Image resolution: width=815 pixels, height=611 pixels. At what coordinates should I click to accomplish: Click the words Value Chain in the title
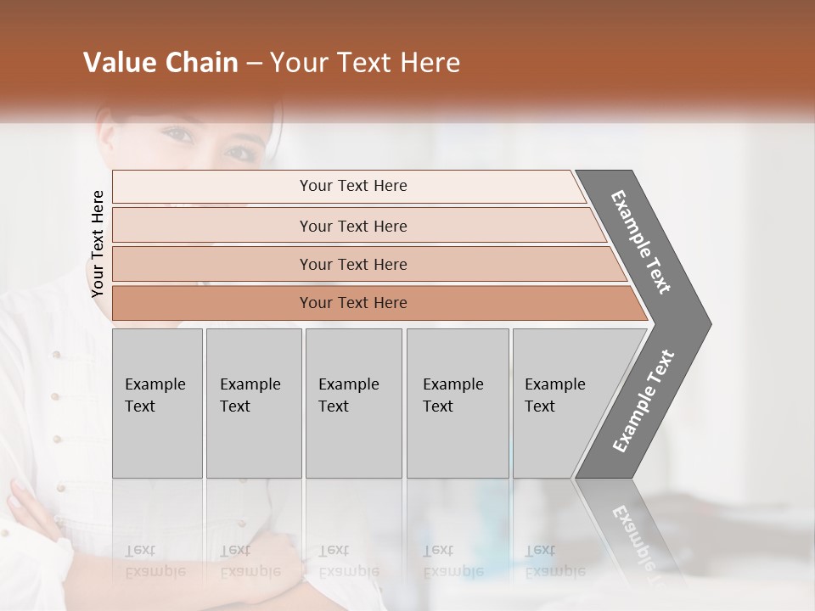pyautogui.click(x=160, y=63)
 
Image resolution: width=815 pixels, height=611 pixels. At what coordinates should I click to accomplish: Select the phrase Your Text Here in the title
pyautogui.click(x=365, y=63)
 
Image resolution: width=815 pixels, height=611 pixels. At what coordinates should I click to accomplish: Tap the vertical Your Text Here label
pyautogui.click(x=98, y=244)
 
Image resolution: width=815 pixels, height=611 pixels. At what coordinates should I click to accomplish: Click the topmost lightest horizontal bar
pyautogui.click(x=352, y=186)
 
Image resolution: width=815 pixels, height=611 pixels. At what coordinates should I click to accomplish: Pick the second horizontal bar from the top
pyautogui.click(x=352, y=226)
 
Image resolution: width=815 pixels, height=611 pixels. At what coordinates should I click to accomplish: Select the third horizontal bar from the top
pyautogui.click(x=352, y=264)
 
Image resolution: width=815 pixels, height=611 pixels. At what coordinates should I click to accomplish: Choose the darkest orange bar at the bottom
pyautogui.click(x=352, y=303)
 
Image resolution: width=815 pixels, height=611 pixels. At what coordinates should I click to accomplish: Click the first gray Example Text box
pyautogui.click(x=157, y=403)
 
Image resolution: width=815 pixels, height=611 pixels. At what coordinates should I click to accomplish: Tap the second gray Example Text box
pyautogui.click(x=253, y=403)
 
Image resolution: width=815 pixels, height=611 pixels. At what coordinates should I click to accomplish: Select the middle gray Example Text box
pyautogui.click(x=353, y=403)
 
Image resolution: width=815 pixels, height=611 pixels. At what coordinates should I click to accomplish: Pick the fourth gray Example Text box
pyautogui.click(x=458, y=403)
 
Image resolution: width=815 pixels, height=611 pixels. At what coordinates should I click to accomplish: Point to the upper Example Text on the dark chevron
pyautogui.click(x=641, y=242)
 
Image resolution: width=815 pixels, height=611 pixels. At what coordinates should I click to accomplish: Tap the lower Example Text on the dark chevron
pyautogui.click(x=644, y=401)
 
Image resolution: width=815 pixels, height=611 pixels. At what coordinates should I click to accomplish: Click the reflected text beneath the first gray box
pyautogui.click(x=155, y=561)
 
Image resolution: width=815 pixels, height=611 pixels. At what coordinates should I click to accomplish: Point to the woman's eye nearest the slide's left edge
pyautogui.click(x=176, y=133)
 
